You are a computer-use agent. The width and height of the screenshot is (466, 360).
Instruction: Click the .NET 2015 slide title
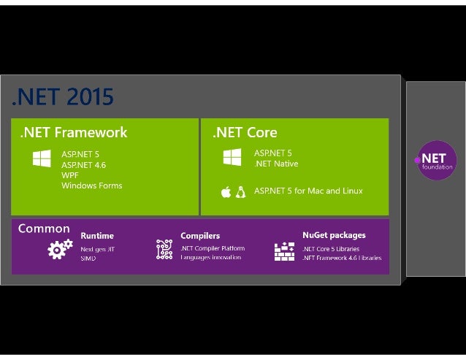tap(62, 97)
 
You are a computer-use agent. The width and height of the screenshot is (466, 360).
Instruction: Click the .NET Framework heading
tap(74, 133)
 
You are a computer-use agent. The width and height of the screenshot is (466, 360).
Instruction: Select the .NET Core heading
tap(245, 133)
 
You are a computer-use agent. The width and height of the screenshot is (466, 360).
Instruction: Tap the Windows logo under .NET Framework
tap(42, 158)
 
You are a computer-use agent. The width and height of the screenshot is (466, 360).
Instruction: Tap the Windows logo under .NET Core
tap(232, 157)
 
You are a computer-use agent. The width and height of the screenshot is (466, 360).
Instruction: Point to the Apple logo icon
tap(226, 192)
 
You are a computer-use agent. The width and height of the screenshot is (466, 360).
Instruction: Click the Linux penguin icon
tap(240, 192)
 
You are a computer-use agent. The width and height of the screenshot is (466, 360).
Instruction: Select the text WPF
tap(70, 175)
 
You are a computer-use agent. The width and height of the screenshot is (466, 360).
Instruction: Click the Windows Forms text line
tap(91, 186)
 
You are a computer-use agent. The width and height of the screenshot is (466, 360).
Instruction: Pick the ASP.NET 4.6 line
tap(83, 165)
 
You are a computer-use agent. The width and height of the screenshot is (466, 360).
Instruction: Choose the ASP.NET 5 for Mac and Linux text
tap(308, 191)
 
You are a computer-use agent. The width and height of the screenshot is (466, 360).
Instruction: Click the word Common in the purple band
tap(44, 229)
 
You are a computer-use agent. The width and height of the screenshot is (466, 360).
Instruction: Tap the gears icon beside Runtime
tap(59, 249)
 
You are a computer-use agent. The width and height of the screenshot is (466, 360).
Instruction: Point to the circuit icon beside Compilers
tap(164, 250)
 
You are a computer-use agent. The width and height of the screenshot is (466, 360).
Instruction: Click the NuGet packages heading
tap(334, 235)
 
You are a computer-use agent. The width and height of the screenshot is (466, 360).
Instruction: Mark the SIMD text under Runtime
tap(88, 258)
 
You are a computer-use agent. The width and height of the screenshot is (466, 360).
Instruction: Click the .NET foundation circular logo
tap(436, 161)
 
